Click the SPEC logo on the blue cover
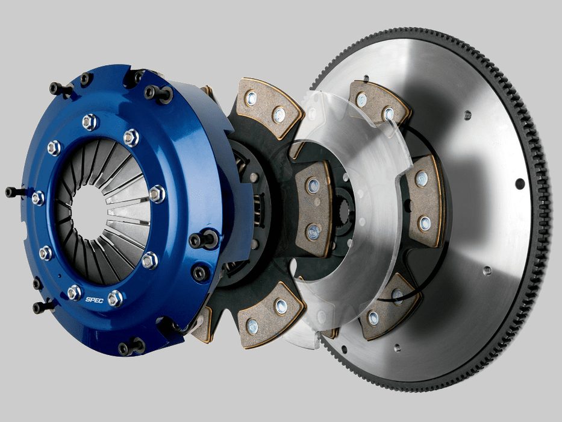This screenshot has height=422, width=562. click(x=94, y=300)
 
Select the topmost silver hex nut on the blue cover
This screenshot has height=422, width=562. click(x=90, y=122)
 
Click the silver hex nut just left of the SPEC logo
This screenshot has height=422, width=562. click(x=74, y=292)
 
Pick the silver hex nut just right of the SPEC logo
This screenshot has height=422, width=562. click(x=114, y=297)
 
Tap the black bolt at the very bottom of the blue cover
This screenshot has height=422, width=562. click(x=131, y=347)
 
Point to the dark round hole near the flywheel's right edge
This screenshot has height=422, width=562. click(x=520, y=183)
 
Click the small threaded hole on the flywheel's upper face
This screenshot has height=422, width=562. click(x=467, y=115)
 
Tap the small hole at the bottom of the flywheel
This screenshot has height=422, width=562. click(x=397, y=348)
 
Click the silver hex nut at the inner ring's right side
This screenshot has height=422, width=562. click(x=156, y=194)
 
